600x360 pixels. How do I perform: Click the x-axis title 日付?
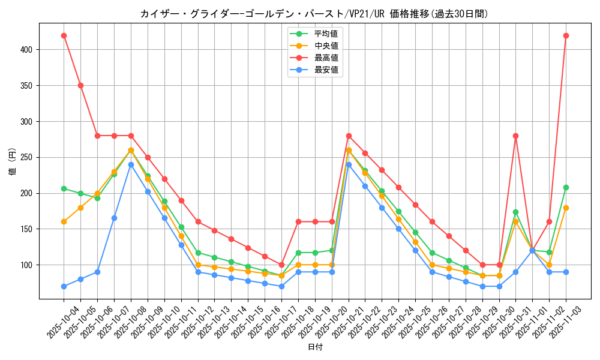(x=315, y=347)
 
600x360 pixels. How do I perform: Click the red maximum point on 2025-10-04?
(x=64, y=35)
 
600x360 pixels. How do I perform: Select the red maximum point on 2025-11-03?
(x=566, y=35)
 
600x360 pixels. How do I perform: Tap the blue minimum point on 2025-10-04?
(x=64, y=286)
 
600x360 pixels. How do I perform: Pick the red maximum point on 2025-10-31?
(x=515, y=136)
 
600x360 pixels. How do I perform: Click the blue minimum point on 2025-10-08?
(x=131, y=164)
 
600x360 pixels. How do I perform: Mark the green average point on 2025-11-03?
(x=566, y=187)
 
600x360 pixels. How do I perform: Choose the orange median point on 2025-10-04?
(x=64, y=221)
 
